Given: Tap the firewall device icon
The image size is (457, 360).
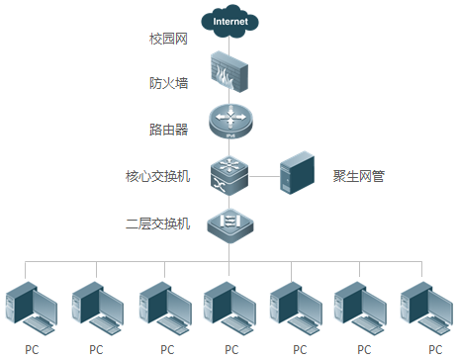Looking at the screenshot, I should (229, 72).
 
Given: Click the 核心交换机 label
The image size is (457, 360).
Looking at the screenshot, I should (158, 177).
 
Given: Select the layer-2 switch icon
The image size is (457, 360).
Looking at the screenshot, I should (229, 224).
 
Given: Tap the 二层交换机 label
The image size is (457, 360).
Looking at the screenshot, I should (158, 224).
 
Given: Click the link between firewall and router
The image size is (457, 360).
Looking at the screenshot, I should (229, 98).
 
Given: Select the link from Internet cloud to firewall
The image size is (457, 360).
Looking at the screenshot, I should (229, 44).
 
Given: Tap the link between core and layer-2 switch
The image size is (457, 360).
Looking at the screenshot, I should (229, 201).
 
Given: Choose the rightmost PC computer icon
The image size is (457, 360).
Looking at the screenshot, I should (426, 309).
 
